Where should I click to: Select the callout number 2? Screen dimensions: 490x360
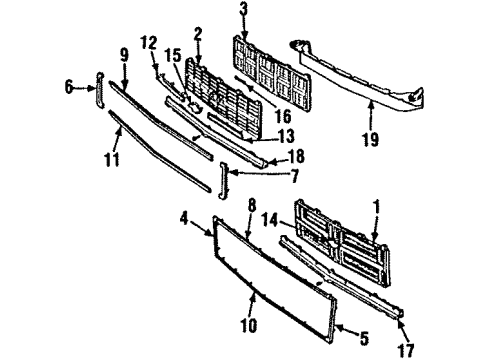198,34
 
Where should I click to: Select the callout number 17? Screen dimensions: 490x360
405,349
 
